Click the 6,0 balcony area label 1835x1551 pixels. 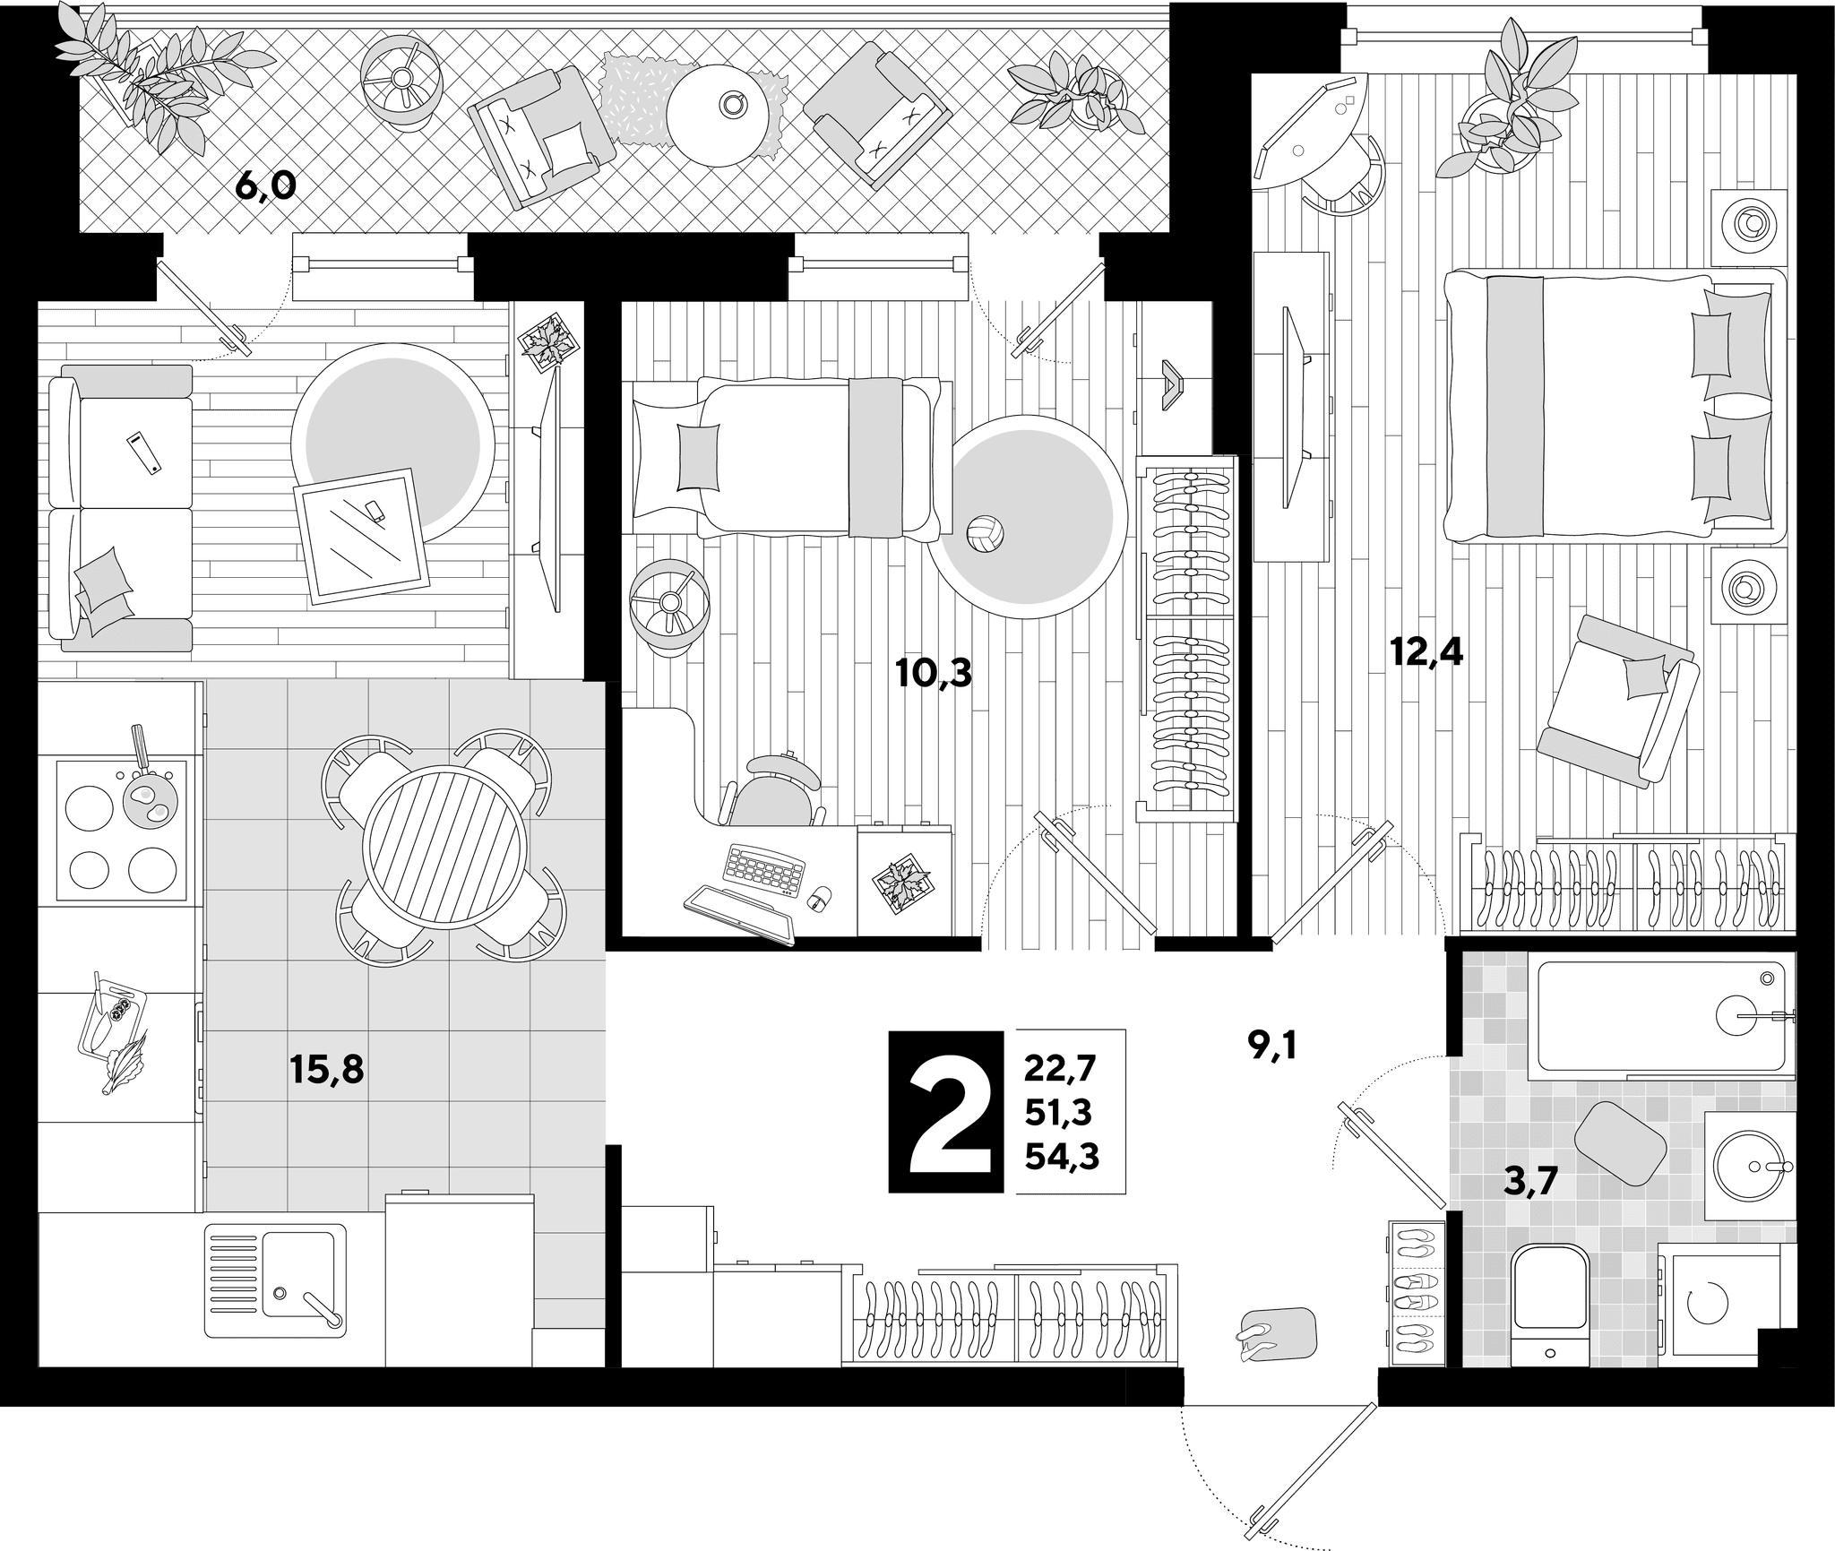point(265,187)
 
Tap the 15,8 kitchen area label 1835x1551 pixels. point(327,1070)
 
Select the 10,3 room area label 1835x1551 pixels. point(935,673)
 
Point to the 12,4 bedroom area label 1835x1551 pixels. point(1426,653)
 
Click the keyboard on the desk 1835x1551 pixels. point(764,869)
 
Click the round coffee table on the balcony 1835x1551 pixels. point(719,116)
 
